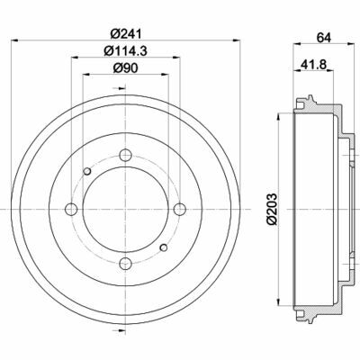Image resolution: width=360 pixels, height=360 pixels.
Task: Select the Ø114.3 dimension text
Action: pos(123,50)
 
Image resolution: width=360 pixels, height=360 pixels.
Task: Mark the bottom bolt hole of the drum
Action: pos(124,263)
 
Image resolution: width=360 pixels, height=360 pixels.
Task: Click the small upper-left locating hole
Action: pos(86,172)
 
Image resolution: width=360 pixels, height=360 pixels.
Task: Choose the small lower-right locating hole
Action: pos(163,248)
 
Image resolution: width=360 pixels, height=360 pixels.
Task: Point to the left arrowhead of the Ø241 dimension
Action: pos(20,41)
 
